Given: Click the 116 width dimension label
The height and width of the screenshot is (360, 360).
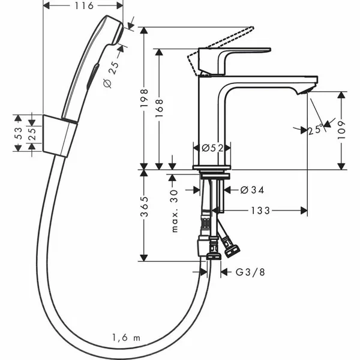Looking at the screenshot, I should (x=85, y=6).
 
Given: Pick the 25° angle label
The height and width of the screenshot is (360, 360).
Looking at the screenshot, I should (x=316, y=128).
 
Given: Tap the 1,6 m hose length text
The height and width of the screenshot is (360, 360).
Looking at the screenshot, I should (x=126, y=338).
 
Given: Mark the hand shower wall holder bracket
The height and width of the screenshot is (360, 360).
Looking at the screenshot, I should (x=61, y=135).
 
